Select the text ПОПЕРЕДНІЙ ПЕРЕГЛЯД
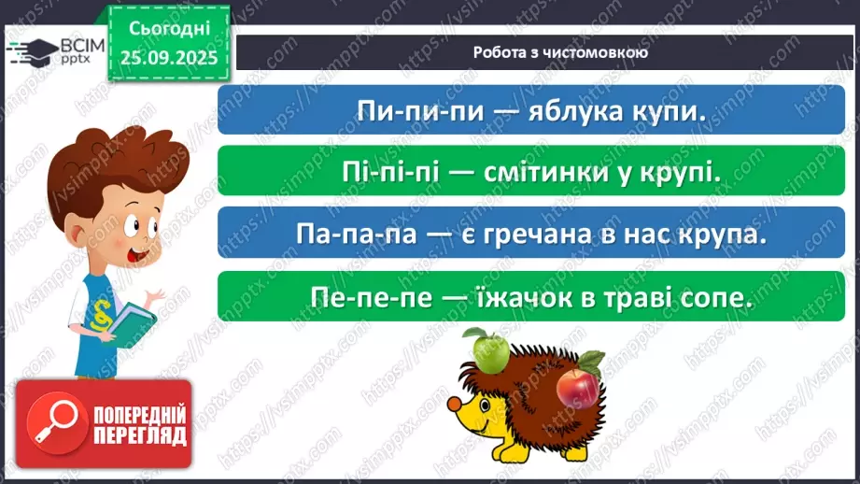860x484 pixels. point(139,424)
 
